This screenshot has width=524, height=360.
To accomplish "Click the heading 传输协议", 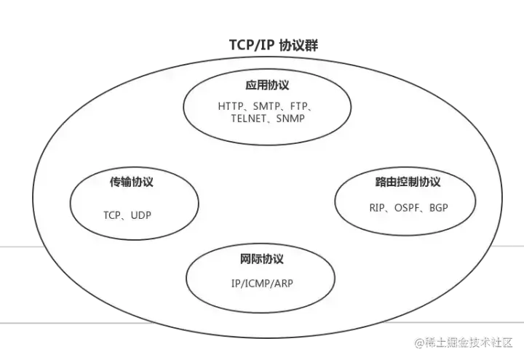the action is (131, 181).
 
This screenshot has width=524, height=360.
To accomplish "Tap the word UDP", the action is (140, 216).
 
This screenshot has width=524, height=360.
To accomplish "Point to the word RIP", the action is (377, 207).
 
